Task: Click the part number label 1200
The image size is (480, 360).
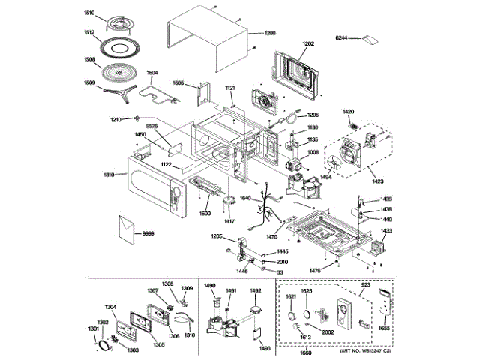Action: tap(270, 34)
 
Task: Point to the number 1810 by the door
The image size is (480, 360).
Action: tap(109, 175)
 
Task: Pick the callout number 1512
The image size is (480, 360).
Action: tap(89, 32)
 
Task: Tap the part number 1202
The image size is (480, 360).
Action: tap(308, 44)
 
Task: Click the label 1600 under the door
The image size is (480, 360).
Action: tap(205, 213)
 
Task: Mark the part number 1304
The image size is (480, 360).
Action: tap(110, 306)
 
